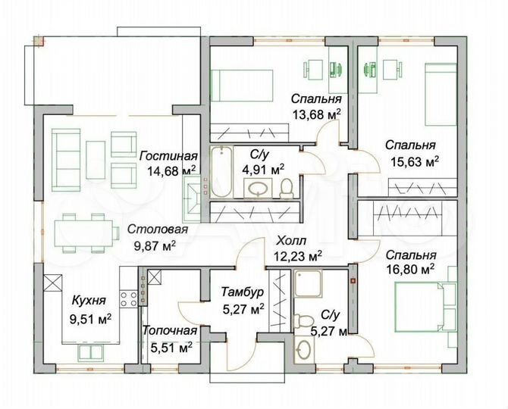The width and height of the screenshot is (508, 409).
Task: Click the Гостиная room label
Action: [163, 155]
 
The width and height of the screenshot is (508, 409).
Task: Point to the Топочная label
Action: [170, 330]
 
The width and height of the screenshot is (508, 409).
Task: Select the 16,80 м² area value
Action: [409, 269]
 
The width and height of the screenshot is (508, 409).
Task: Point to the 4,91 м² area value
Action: [262, 168]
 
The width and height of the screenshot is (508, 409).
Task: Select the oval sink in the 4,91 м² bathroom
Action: [262, 188]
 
